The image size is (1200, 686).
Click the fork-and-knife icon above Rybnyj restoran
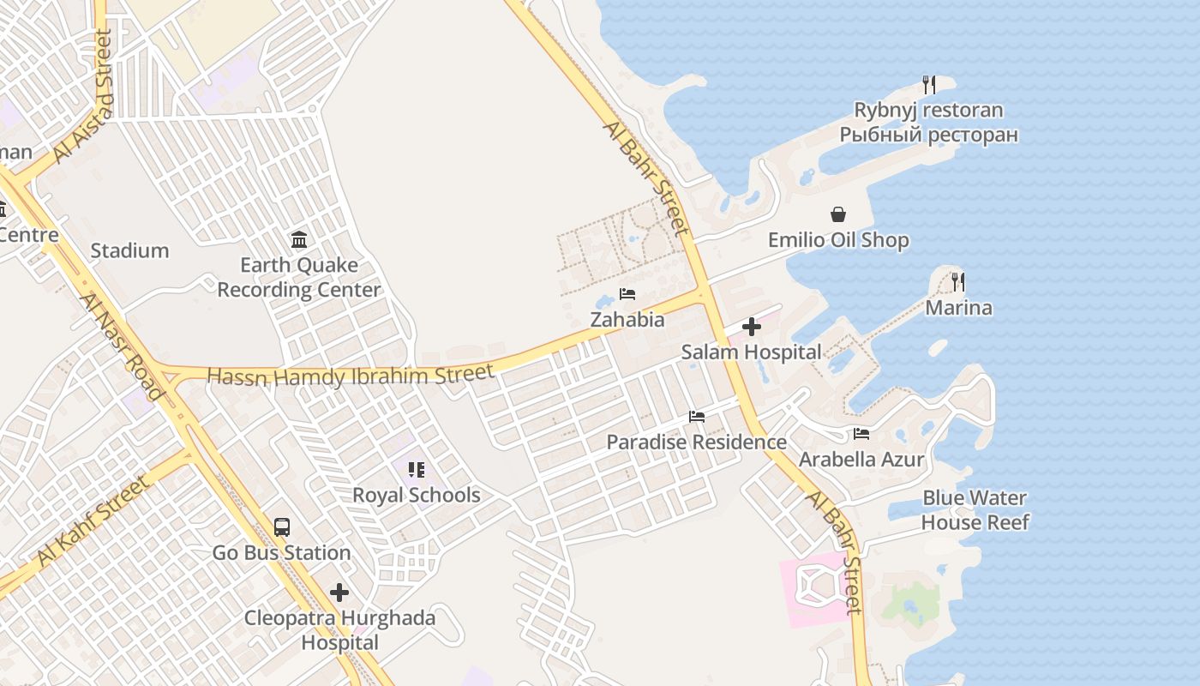[928, 84]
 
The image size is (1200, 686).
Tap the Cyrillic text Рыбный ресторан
[928, 135]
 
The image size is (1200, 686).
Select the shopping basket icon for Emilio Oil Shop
[837, 214]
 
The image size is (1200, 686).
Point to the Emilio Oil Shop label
[837, 240]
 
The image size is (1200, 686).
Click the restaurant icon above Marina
[958, 281]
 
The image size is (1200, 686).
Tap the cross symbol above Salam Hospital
[751, 327]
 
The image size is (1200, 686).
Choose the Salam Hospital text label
[751, 352]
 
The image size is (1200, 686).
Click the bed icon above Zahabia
[627, 294]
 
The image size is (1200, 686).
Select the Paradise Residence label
[696, 442]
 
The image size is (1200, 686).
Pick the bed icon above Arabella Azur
[861, 434]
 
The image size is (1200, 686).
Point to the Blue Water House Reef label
[975, 510]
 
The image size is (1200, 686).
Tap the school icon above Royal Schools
[417, 470]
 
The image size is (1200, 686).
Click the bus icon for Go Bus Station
[282, 527]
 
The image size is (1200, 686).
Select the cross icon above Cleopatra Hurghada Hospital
[339, 593]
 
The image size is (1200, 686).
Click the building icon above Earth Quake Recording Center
[299, 239]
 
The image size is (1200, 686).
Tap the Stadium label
[129, 250]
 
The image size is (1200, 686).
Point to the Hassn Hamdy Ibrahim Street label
[351, 376]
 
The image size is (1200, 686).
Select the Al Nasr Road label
[121, 346]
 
